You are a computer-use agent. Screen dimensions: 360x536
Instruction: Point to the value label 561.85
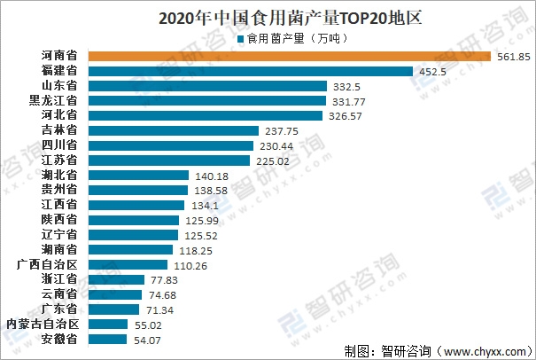(x=511, y=57)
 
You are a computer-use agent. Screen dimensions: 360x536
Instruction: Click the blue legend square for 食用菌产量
(x=239, y=37)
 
